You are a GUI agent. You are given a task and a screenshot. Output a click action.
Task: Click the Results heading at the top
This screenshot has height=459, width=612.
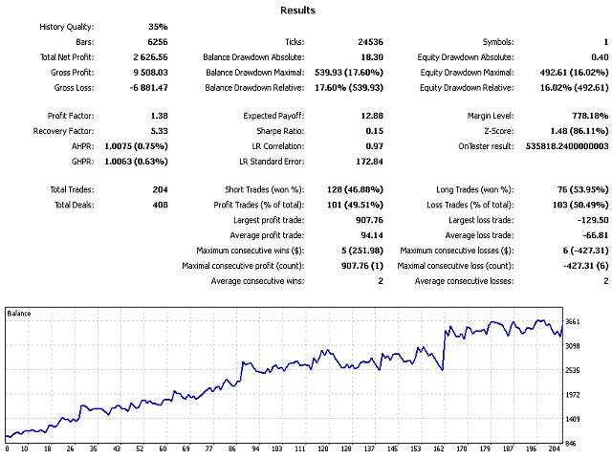pyautogui.click(x=298, y=11)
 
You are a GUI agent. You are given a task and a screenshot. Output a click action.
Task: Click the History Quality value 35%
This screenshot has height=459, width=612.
pyautogui.click(x=158, y=27)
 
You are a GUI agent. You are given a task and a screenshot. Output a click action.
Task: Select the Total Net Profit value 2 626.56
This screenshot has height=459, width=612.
pyautogui.click(x=149, y=57)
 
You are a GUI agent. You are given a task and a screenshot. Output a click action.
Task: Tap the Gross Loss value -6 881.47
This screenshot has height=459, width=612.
pyautogui.click(x=148, y=88)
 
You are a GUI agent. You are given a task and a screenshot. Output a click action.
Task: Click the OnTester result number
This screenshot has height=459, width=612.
pyautogui.click(x=561, y=145)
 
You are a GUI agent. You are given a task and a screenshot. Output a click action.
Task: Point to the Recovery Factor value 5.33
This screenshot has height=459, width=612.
pyautogui.click(x=159, y=130)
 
